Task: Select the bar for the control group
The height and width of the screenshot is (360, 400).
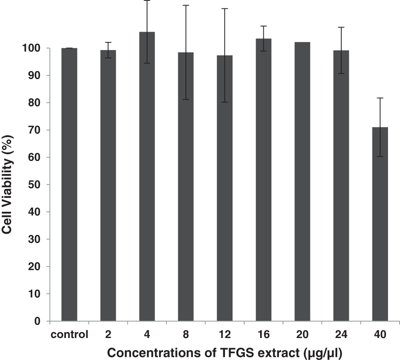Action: pos(69,184)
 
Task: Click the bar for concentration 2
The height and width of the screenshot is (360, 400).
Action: pos(108,186)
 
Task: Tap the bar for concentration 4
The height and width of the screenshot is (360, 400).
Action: pos(147,176)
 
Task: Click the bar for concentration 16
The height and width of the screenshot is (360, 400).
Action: pos(263,180)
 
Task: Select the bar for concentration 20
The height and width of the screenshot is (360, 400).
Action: pos(302,182)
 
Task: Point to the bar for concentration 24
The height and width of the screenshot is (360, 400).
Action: pos(341,186)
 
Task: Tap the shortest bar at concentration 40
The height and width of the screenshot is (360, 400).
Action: pos(380,224)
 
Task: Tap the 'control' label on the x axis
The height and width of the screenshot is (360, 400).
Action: pos(69,335)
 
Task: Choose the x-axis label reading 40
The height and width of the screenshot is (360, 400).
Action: pos(380,335)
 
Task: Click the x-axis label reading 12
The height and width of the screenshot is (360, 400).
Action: pos(225,335)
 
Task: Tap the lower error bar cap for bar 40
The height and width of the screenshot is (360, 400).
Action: pos(380,157)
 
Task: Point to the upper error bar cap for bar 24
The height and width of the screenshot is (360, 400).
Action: pos(341,27)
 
